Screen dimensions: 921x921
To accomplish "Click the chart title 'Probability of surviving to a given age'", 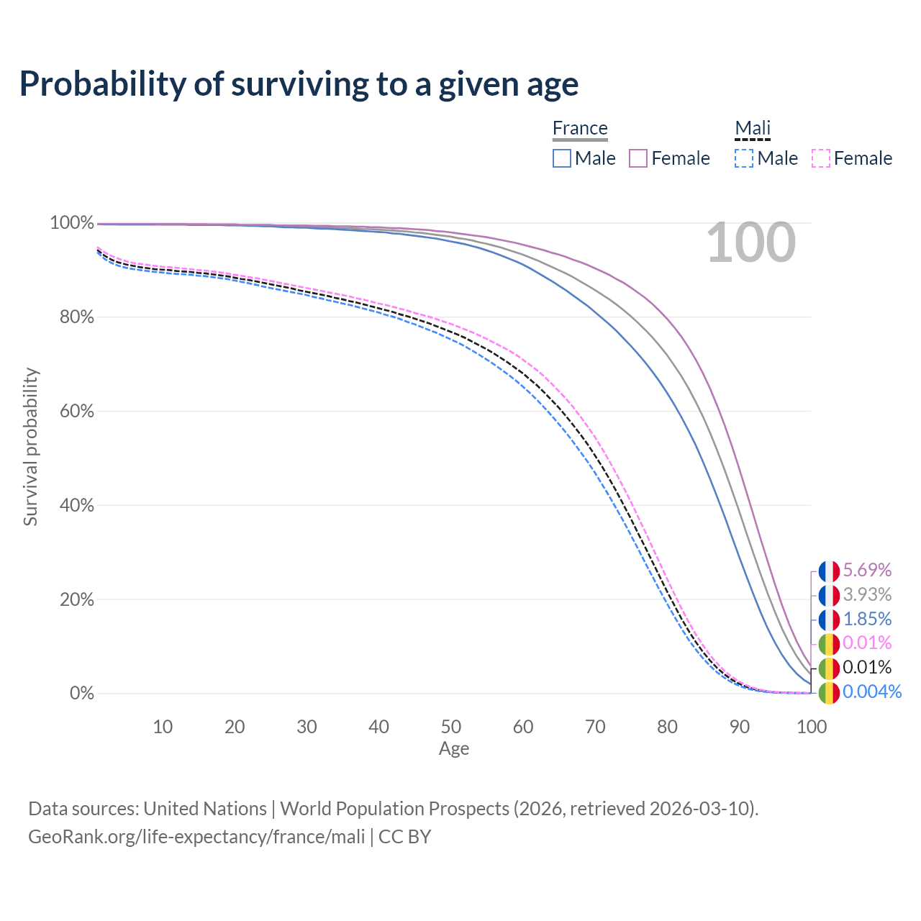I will (x=299, y=84).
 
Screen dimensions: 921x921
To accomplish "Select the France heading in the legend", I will (x=580, y=128).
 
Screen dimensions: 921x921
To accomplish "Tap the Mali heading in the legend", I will (x=753, y=128).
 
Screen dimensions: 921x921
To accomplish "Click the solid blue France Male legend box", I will (x=562, y=158).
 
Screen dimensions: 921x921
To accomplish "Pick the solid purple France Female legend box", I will (x=638, y=158).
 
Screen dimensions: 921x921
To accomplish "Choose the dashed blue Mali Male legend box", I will (x=744, y=158).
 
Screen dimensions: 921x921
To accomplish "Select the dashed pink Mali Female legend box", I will (x=821, y=158).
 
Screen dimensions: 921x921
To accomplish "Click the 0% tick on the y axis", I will (x=81, y=694).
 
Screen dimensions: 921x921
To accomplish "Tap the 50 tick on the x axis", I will (x=451, y=727).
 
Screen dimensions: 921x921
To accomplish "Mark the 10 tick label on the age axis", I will (x=163, y=727).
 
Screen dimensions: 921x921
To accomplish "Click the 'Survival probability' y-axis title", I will (x=30, y=447).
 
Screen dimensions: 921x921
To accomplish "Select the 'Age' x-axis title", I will (x=454, y=749).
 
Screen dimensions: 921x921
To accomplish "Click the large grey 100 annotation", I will (x=750, y=242).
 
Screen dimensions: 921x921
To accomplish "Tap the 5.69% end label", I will (x=867, y=571).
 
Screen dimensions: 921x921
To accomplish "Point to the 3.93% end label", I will (x=867, y=595).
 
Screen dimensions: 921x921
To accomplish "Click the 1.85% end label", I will (x=867, y=619).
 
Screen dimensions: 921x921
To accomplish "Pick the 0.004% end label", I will (x=872, y=692).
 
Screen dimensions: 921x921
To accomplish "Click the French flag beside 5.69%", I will (x=829, y=571).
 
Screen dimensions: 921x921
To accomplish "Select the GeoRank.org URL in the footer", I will (x=196, y=837).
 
